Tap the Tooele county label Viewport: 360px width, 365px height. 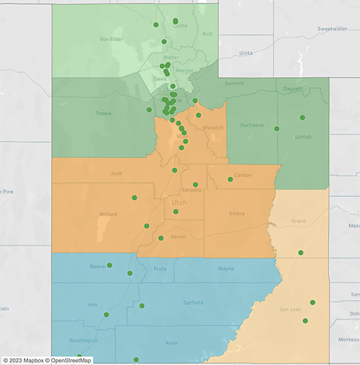pyautogui.click(x=104, y=114)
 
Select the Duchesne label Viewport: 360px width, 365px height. pyautogui.click(x=252, y=125)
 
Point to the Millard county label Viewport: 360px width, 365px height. pyautogui.click(x=108, y=214)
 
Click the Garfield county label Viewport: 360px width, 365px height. pyautogui.click(x=192, y=303)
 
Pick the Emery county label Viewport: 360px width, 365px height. pyautogui.click(x=237, y=214)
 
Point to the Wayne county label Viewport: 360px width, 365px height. pyautogui.click(x=225, y=269)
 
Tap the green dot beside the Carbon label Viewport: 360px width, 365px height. pyautogui.click(x=230, y=179)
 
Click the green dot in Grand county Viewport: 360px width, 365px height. pyautogui.click(x=301, y=253)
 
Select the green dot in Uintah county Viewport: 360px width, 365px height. pyautogui.click(x=302, y=117)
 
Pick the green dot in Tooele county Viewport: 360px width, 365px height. pyautogui.click(x=149, y=110)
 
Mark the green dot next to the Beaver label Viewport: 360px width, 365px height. pyautogui.click(x=110, y=265)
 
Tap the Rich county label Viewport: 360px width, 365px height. pyautogui.click(x=207, y=34)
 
